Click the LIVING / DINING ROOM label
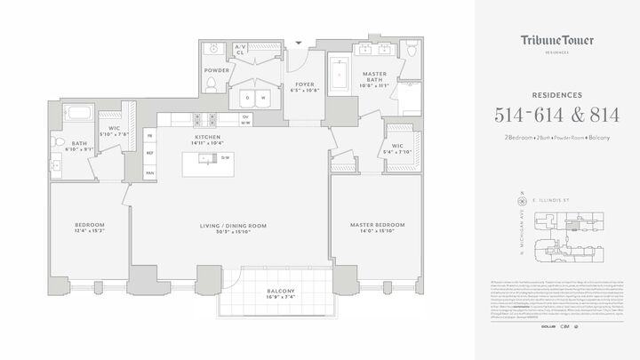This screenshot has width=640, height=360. click(x=234, y=227)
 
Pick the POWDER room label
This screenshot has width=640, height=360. click(x=217, y=70)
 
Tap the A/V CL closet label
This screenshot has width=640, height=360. click(x=240, y=49)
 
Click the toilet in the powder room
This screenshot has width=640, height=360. click(x=212, y=84)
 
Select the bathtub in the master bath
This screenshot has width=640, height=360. click(x=339, y=77)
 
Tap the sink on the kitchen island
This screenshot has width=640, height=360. click(x=205, y=160)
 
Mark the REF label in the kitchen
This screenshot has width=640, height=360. click(x=150, y=153)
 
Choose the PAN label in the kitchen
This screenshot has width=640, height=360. click(x=150, y=172)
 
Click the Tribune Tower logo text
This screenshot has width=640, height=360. click(x=557, y=41)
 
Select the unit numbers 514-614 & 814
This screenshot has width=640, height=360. click(x=557, y=114)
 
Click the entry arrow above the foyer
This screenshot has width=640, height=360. click(x=299, y=40)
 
